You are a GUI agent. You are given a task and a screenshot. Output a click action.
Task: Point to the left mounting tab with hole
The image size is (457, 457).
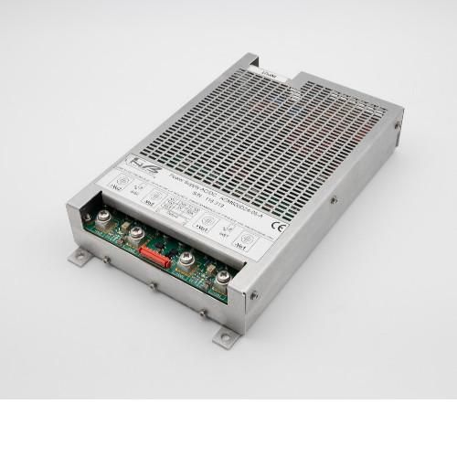84,256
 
